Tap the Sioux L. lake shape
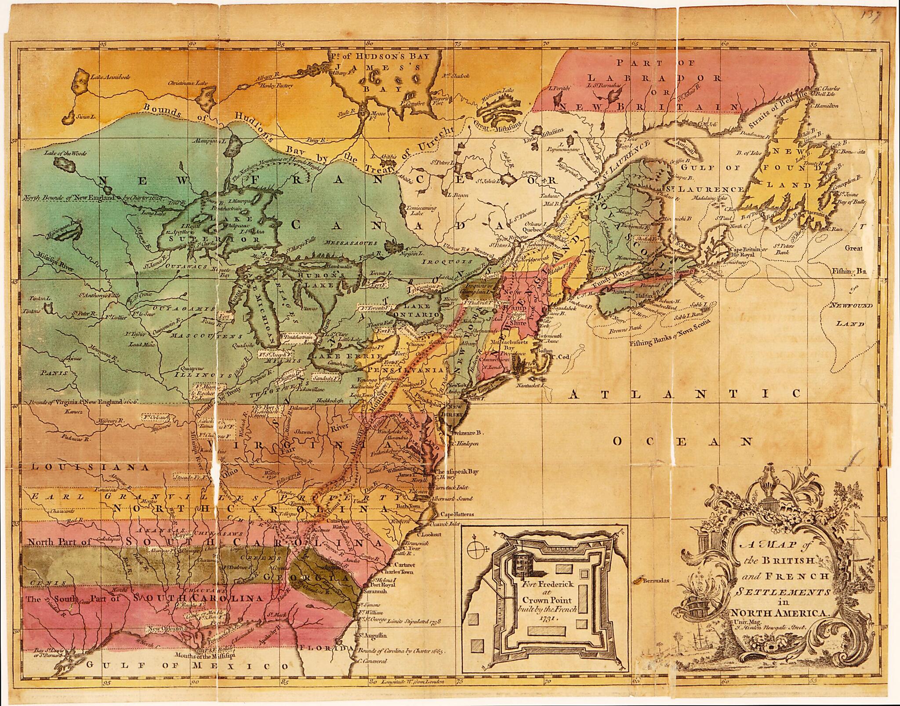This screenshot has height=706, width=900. (69, 119)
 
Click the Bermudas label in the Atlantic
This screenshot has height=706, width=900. (655, 580)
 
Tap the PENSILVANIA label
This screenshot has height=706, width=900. (405, 370)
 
